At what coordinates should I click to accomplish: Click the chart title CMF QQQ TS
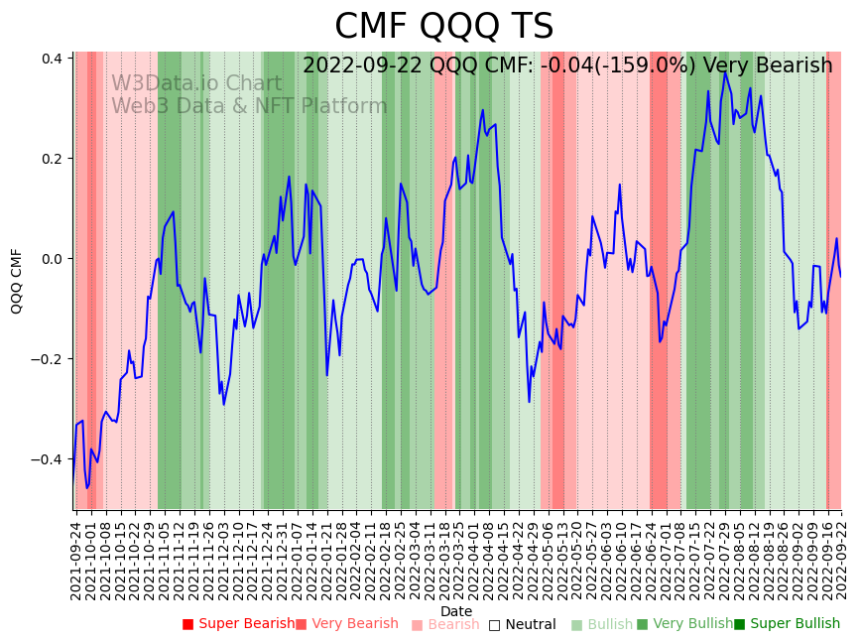(443, 27)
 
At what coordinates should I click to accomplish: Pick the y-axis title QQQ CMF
(17, 281)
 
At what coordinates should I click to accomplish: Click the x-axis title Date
(456, 611)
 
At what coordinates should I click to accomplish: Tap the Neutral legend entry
(530, 624)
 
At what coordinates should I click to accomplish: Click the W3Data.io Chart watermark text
(196, 83)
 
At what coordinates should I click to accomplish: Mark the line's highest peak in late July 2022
(725, 72)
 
